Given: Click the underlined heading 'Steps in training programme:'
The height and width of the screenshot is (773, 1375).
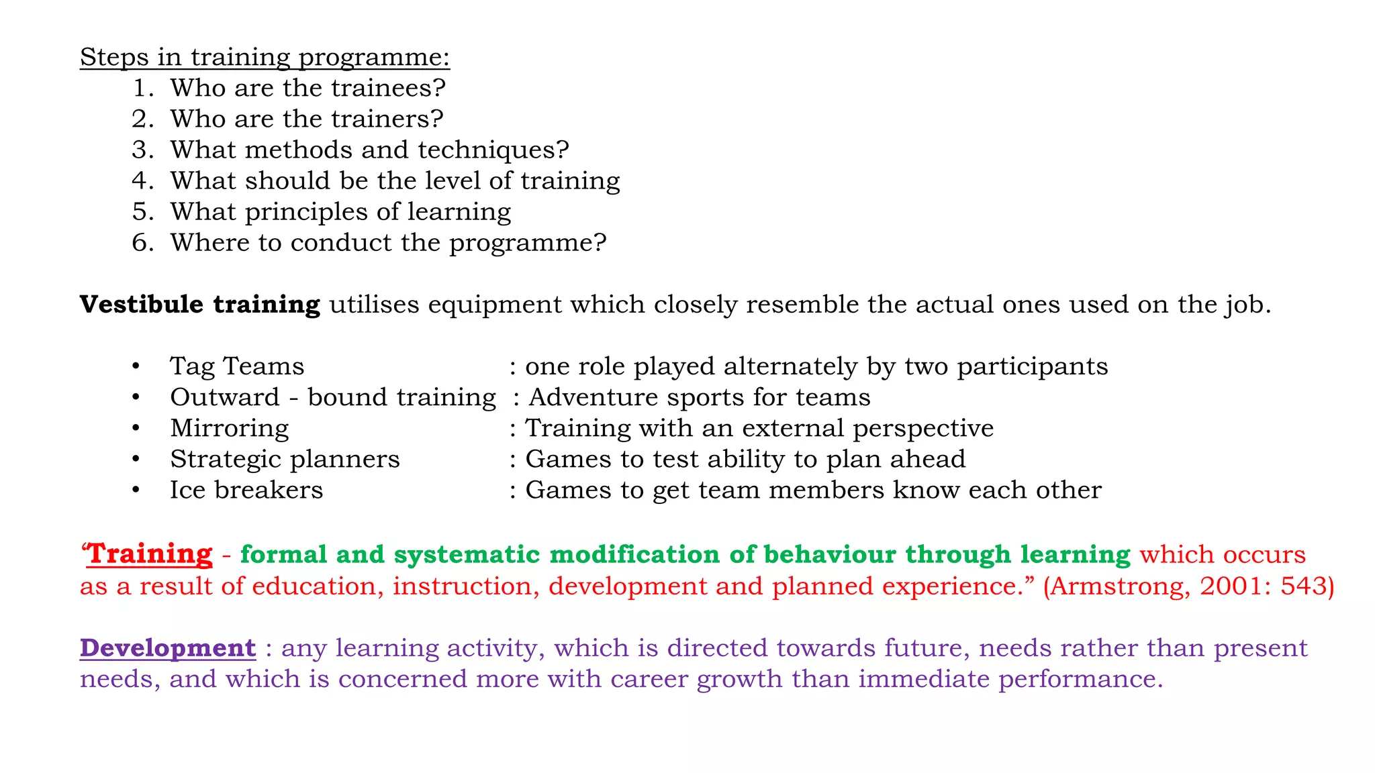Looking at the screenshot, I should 265,58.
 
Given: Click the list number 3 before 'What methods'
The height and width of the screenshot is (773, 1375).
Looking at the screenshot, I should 142,150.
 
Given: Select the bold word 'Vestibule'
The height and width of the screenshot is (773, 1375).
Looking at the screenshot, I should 142,304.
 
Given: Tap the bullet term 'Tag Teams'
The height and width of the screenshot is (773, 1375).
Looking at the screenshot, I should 237,366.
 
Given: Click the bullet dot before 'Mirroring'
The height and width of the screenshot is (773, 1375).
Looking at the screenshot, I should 136,428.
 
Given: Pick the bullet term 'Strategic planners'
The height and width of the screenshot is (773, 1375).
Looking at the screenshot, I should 285,460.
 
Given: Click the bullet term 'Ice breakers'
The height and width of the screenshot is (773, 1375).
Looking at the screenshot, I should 246,490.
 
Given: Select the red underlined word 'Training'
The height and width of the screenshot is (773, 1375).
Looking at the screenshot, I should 150,554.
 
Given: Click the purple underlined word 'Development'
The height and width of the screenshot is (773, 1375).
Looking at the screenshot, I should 168,648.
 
